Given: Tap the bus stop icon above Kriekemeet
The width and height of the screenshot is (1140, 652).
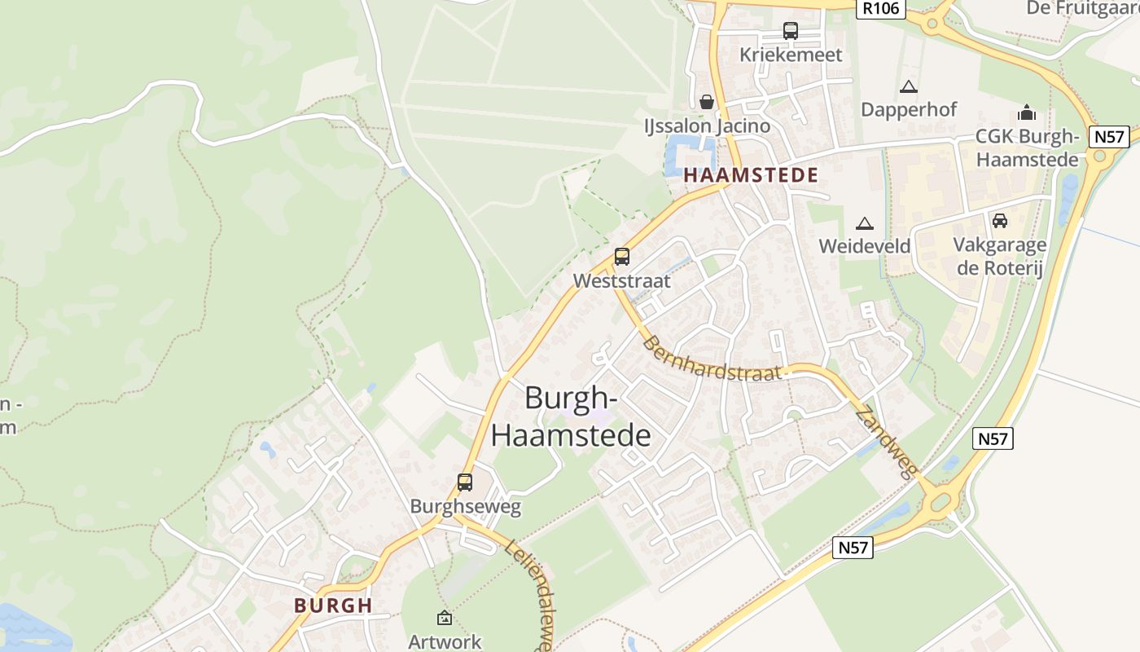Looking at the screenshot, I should click(x=790, y=31).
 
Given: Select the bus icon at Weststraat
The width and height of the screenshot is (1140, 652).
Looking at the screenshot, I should click(x=622, y=257).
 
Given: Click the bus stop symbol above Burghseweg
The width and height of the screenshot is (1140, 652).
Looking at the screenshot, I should click(x=465, y=482).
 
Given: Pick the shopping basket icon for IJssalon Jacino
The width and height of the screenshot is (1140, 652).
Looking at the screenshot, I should click(x=706, y=102).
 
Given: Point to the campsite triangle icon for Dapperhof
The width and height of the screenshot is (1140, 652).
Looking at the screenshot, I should click(x=909, y=86).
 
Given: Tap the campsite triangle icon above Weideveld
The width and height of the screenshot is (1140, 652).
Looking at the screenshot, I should click(x=864, y=222).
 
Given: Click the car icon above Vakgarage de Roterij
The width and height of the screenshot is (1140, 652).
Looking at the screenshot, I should click(x=999, y=220).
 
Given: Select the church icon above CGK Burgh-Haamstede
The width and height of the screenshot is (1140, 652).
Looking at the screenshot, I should click(x=1028, y=112).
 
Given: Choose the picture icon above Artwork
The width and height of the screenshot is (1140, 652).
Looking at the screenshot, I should click(x=445, y=618).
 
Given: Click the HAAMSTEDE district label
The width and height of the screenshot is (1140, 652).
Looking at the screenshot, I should click(x=751, y=175).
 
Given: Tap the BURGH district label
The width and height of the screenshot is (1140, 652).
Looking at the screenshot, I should click(x=333, y=606).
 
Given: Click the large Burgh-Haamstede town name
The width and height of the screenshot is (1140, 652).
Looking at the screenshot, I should click(x=571, y=416).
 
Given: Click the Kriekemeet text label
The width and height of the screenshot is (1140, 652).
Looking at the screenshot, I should click(x=791, y=55).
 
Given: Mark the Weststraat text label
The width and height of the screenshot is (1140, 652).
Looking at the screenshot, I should click(x=622, y=281).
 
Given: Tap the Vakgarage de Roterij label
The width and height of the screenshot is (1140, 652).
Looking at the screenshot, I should click(x=999, y=256).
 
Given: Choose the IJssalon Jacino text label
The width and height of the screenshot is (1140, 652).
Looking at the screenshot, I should click(x=707, y=126).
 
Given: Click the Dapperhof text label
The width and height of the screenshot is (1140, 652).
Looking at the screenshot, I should click(x=909, y=109).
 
